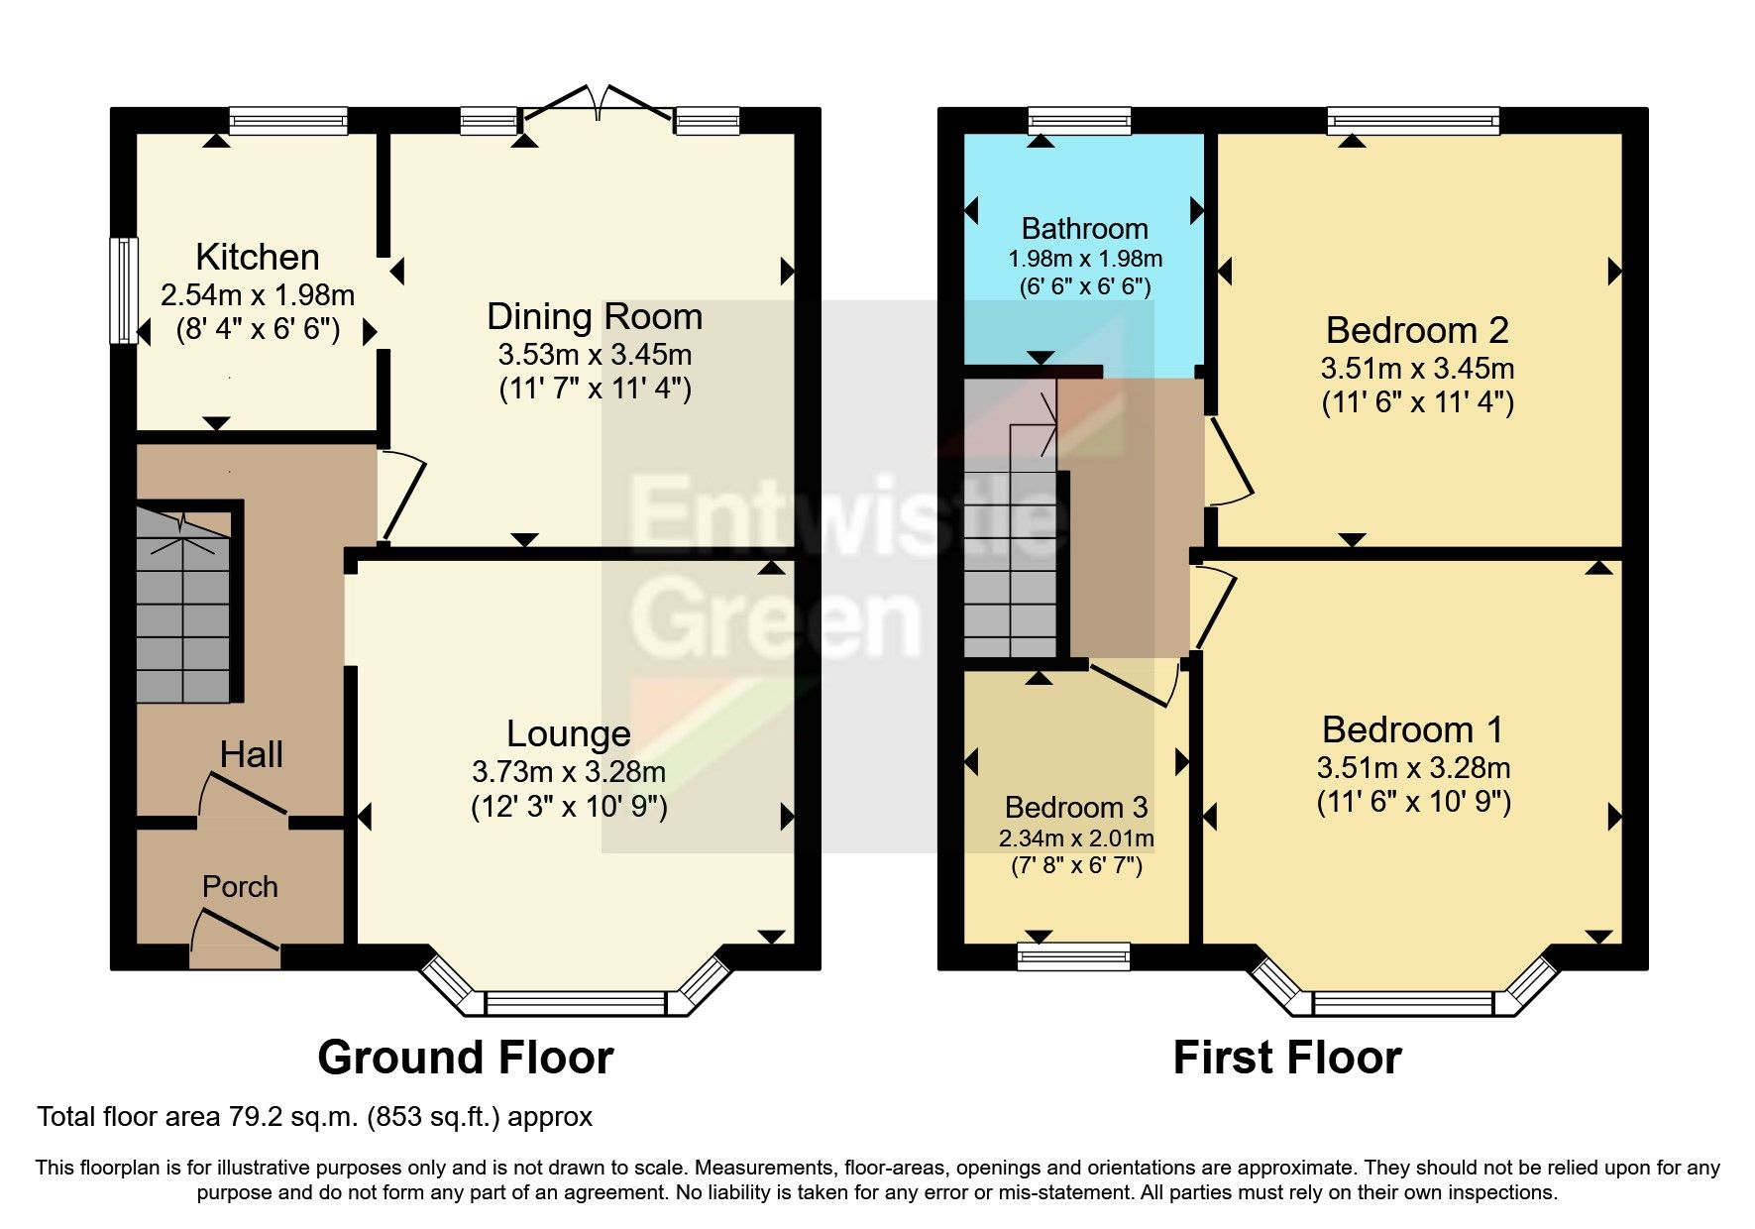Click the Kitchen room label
[x=258, y=257]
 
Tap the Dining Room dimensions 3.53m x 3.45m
[x=595, y=354]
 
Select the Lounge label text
[x=568, y=733]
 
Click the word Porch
[x=240, y=886]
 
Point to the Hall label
[x=251, y=754]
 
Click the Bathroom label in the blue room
[x=1084, y=229]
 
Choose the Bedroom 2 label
[x=1416, y=329]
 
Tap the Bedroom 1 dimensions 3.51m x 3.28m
[x=1413, y=767]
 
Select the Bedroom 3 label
[x=1076, y=806]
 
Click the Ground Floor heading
[x=465, y=1058]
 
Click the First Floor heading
[x=1286, y=1058]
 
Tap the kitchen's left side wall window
[x=124, y=290]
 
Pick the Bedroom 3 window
[x=1074, y=955]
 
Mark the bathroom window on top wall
[x=1079, y=121]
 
